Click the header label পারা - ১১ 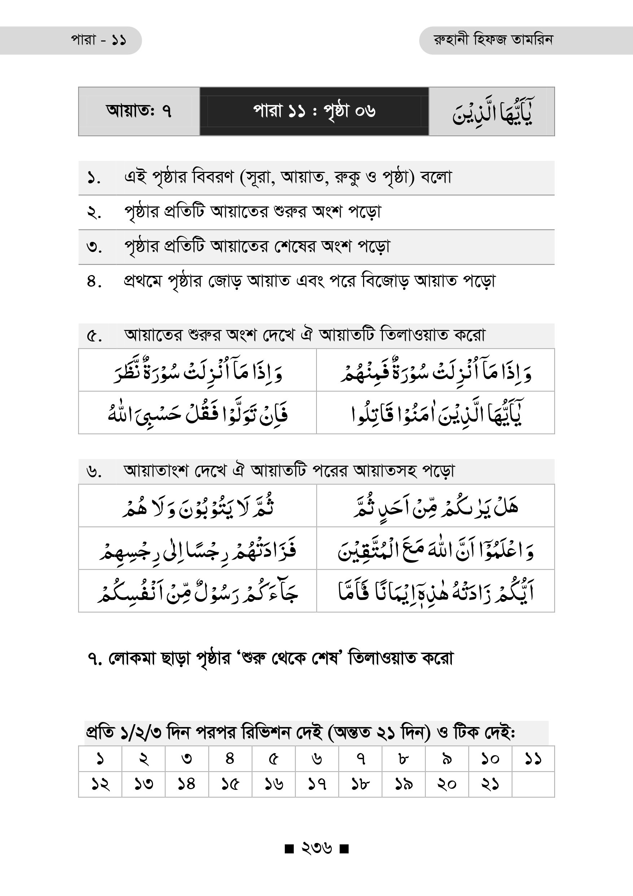tap(98, 40)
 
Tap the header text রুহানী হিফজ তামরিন tap(493, 40)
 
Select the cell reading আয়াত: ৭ tap(139, 111)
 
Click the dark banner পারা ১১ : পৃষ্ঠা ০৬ tap(314, 111)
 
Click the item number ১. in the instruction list tap(93, 178)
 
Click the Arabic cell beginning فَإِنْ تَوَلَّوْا tap(197, 413)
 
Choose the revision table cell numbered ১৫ tap(230, 784)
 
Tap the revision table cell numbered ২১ tap(490, 784)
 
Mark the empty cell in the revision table tap(533, 784)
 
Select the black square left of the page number tap(289, 849)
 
